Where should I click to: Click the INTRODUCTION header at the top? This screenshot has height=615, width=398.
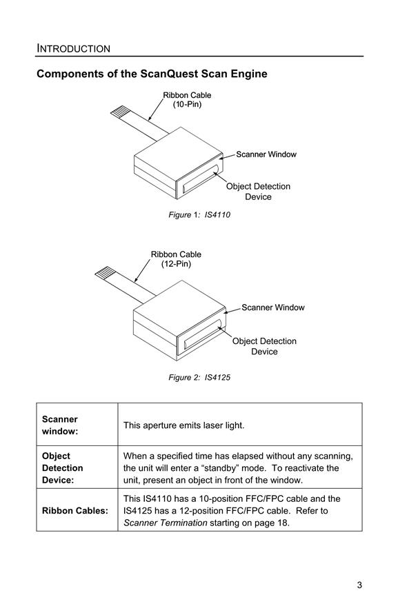coord(73,48)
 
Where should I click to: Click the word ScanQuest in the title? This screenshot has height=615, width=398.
coord(169,74)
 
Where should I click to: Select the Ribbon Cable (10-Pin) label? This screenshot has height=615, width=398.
coord(187,99)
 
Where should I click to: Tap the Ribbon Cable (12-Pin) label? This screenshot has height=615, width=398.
coord(176,259)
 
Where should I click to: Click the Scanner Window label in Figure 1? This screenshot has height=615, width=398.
coord(266,154)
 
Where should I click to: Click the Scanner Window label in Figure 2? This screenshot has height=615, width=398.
coord(272,307)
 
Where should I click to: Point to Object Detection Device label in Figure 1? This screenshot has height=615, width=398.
coord(258,192)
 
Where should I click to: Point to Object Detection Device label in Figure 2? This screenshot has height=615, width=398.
coord(264,346)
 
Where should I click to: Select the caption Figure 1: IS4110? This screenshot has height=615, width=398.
coord(199,214)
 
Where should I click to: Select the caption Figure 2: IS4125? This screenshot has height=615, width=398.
coord(199,377)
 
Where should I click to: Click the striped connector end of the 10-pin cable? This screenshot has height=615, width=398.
coord(119,112)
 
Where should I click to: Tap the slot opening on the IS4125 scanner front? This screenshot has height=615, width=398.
coord(203,334)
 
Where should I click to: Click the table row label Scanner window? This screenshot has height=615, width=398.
coord(60,425)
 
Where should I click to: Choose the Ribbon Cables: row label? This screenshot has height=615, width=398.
coord(75,511)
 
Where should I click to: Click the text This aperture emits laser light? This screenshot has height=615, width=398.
coord(183,425)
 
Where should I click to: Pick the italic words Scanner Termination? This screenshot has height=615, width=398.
coord(166,523)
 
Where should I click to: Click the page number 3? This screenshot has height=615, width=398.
coord(359,585)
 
